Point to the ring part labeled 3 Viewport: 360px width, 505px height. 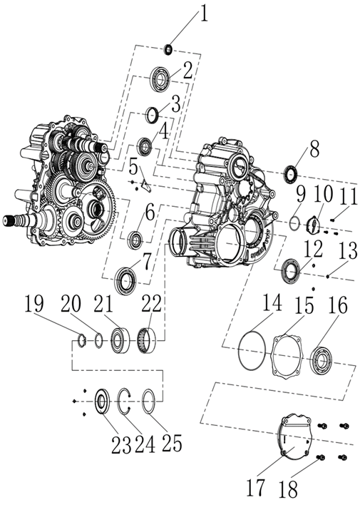[152, 113]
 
